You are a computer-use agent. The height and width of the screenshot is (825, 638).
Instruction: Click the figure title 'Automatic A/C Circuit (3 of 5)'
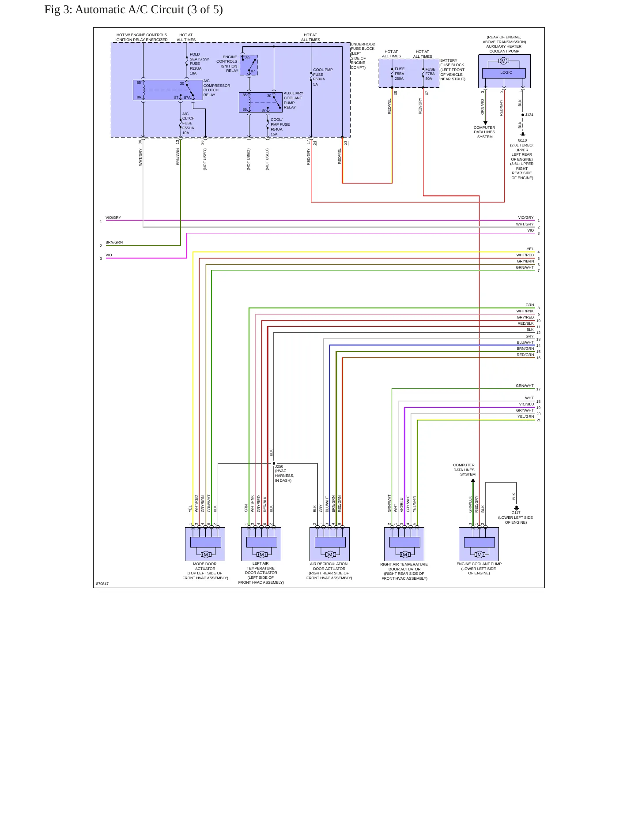pyautogui.click(x=149, y=10)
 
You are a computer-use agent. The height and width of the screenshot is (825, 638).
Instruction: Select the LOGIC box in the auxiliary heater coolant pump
pyautogui.click(x=504, y=73)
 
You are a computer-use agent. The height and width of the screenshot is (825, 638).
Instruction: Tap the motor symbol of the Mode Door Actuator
pyautogui.click(x=206, y=555)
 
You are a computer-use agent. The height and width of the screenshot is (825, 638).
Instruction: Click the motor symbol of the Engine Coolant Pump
pyautogui.click(x=479, y=555)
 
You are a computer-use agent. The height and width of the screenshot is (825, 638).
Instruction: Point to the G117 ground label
pyautogui.click(x=516, y=513)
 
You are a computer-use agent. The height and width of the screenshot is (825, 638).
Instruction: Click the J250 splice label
pyautogui.click(x=279, y=466)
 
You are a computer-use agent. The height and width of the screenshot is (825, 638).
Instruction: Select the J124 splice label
pyautogui.click(x=529, y=115)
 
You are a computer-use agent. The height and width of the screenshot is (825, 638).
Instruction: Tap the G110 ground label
pyautogui.click(x=522, y=140)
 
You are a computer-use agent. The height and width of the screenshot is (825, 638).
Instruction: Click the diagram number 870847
pyautogui.click(x=102, y=584)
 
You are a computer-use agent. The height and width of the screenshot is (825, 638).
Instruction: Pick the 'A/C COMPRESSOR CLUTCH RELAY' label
pyautogui.click(x=217, y=88)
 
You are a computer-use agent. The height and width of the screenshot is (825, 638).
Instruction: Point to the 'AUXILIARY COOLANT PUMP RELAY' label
pyautogui.click(x=294, y=100)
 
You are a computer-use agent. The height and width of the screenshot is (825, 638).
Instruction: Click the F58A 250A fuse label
pyautogui.click(x=400, y=74)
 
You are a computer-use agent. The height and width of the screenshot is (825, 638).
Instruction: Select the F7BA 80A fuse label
pyautogui.click(x=430, y=74)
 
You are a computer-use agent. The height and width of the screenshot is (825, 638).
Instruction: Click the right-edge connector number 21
pyautogui.click(x=539, y=420)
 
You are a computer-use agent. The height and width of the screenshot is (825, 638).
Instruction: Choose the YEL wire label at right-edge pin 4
pyautogui.click(x=530, y=249)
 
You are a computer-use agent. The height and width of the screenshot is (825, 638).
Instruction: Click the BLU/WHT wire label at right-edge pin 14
pyautogui.click(x=525, y=342)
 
